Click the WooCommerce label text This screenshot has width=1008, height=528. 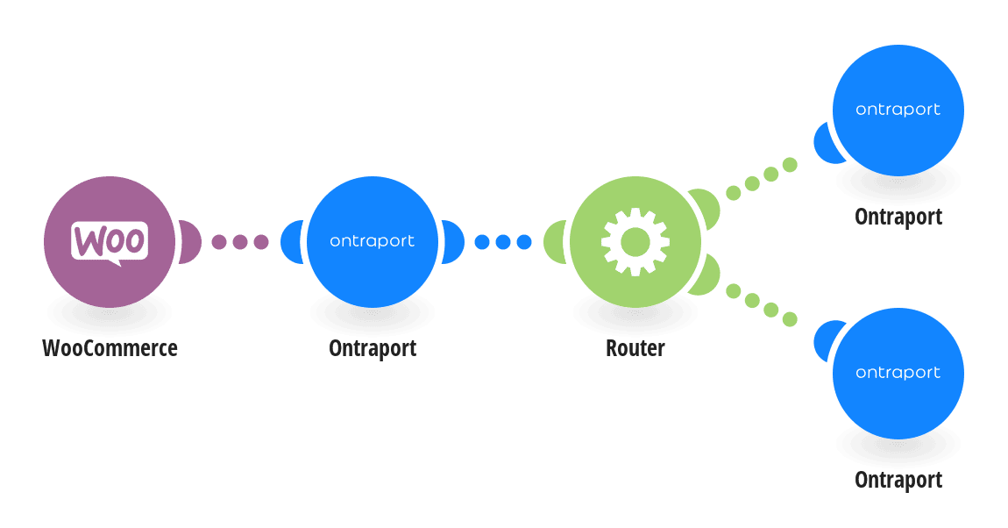(x=110, y=348)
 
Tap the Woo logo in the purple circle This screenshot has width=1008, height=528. (x=110, y=243)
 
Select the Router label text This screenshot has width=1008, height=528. (x=635, y=348)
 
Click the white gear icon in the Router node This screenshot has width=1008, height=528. (x=635, y=242)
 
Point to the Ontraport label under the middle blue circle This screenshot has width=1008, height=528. (x=373, y=348)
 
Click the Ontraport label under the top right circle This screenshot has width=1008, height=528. (x=898, y=217)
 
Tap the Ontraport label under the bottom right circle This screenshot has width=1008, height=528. (x=898, y=480)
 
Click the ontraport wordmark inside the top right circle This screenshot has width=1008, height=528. (x=898, y=110)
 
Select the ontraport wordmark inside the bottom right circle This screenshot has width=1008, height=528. (x=898, y=373)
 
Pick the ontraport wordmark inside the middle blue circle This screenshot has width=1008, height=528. (x=373, y=241)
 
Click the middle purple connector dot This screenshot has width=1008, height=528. (x=240, y=242)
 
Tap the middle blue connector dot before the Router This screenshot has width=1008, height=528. (x=503, y=242)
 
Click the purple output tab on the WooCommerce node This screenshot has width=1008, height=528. (x=190, y=242)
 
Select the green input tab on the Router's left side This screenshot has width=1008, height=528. (x=553, y=242)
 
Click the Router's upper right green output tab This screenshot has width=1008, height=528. (x=706, y=207)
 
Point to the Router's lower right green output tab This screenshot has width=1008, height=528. (x=706, y=276)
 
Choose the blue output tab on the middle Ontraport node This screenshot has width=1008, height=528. (x=453, y=242)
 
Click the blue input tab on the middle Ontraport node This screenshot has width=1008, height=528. (x=291, y=242)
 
